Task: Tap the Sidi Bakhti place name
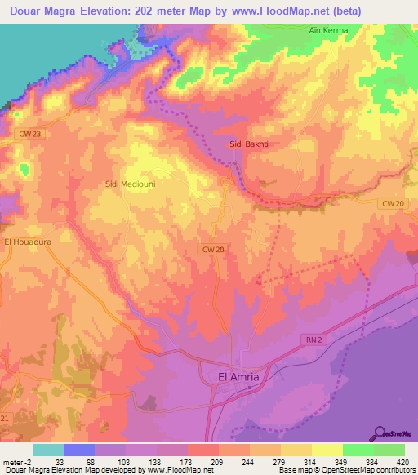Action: pos(249,144)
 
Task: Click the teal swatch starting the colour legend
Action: pos(47,450)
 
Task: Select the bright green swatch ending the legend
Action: pos(389,450)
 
